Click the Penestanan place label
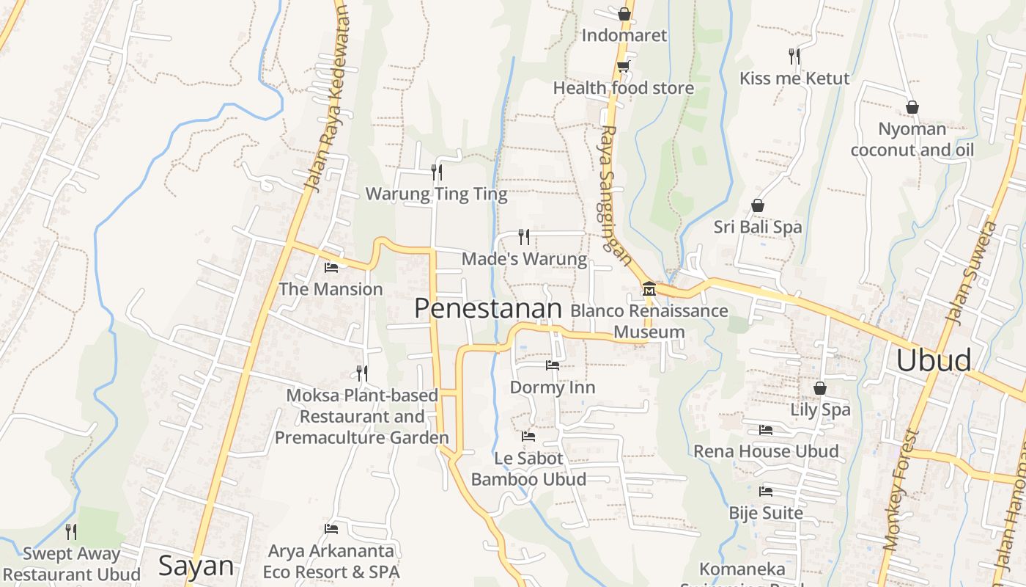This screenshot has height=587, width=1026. click(x=487, y=308)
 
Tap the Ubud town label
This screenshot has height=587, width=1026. click(x=934, y=360)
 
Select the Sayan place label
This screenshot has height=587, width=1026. click(x=196, y=566)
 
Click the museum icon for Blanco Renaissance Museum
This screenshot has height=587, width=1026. click(x=649, y=289)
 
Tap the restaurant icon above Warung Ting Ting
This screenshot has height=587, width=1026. click(x=437, y=172)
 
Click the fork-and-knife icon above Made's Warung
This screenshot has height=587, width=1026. click(x=523, y=236)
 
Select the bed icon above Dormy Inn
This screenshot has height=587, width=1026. click(x=553, y=365)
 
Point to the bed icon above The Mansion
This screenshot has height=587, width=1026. click(x=331, y=267)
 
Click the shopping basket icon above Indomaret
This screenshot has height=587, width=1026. click(x=624, y=13)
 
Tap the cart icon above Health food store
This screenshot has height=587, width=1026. click(x=623, y=66)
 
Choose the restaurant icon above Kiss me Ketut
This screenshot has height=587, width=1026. click(x=794, y=56)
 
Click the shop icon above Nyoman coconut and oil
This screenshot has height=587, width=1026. click(x=912, y=107)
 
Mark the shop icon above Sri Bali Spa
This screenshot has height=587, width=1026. click(x=758, y=205)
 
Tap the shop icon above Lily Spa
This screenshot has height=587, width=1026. click(x=820, y=387)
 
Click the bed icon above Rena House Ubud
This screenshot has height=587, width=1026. click(x=766, y=429)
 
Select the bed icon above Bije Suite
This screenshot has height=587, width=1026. click(x=766, y=491)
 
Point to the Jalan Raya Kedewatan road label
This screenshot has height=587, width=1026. click(x=329, y=99)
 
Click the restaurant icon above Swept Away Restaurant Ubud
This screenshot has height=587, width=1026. click(x=71, y=531)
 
